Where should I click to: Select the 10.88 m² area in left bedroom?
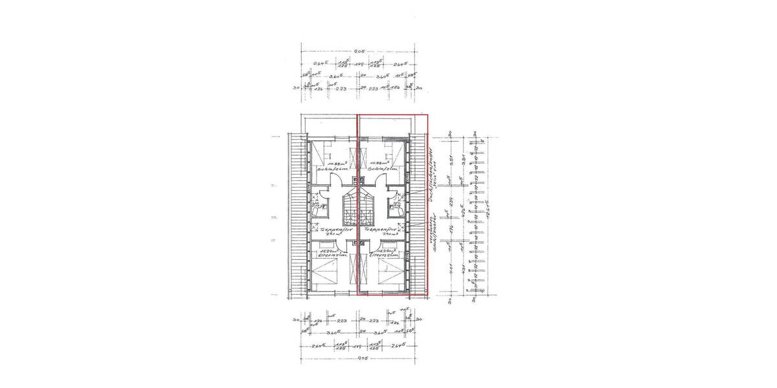click(x=337, y=164)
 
